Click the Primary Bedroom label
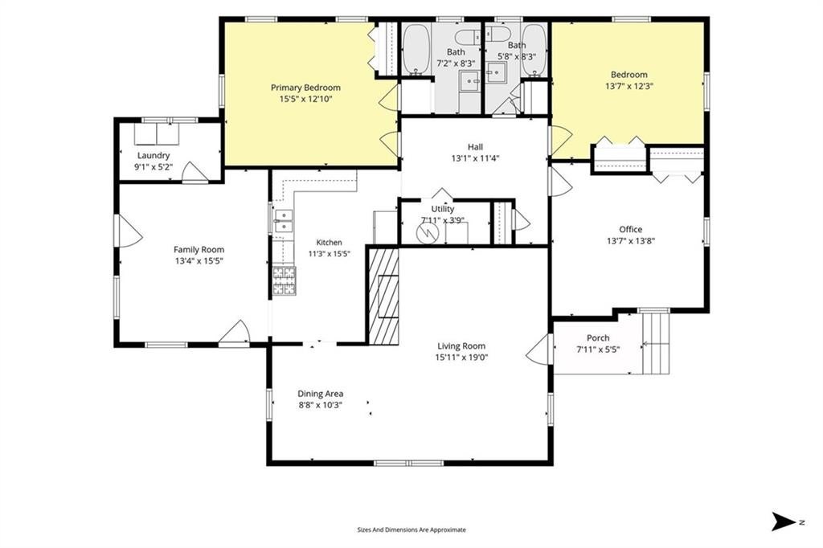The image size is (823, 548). (x=305, y=88)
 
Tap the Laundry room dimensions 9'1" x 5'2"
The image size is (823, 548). (x=154, y=167)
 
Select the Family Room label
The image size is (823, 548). (x=199, y=250)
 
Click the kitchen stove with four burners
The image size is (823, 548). (x=284, y=280)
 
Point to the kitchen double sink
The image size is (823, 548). (x=284, y=221)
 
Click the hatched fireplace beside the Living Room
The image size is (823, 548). (x=383, y=296)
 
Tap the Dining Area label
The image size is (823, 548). (x=320, y=394)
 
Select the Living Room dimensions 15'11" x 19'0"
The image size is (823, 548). (x=461, y=358)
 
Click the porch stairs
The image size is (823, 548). (x=656, y=343)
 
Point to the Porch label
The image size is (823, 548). (x=598, y=338)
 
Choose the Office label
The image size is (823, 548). (x=630, y=229)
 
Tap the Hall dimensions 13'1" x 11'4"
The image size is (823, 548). (x=475, y=158)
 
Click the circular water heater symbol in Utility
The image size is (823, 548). (x=426, y=232)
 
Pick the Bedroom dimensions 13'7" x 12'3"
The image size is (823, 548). (x=629, y=85)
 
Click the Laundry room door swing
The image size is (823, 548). (x=194, y=172)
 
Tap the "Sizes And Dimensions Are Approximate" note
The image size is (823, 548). (x=411, y=530)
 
